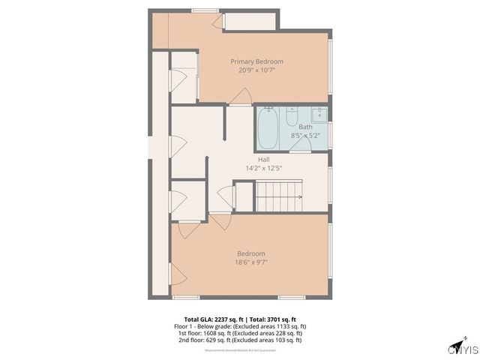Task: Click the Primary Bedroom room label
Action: coord(256,61)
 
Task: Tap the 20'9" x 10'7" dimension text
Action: coord(256,70)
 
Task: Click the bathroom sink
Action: coord(319,114)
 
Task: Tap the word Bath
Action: coord(305,127)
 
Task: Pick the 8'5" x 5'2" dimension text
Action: coord(305,135)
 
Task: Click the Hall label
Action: coord(263,160)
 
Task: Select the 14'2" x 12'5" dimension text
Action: coord(263,168)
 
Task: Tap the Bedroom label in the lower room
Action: coord(250,253)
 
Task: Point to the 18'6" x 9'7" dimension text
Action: coord(250,262)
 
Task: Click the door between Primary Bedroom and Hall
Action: coord(240,97)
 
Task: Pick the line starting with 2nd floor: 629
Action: coord(240,340)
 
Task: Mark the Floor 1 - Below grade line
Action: coord(240,326)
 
